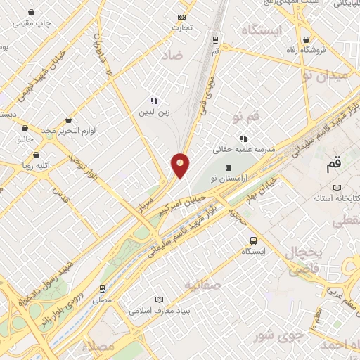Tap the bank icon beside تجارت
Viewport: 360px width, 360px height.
(183, 17)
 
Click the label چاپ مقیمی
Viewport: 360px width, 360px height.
(34, 23)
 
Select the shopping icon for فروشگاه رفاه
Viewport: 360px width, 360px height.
(306, 39)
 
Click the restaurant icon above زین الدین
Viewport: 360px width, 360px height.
(154, 101)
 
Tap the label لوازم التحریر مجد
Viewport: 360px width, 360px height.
(68, 131)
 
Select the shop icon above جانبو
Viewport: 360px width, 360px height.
(25, 129)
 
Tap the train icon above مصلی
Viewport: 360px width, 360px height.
(103, 288)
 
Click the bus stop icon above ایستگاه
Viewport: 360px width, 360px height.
(253, 240)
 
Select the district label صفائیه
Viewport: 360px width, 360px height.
(202, 284)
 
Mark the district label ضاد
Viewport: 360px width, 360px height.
(174, 54)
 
